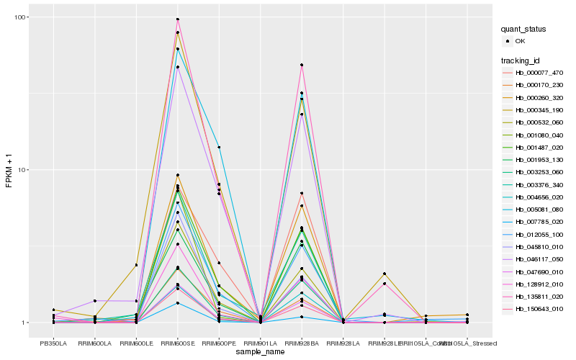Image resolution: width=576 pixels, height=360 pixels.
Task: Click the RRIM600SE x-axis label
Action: click(x=178, y=343)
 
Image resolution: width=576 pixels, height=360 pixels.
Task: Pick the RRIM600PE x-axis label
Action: click(x=219, y=343)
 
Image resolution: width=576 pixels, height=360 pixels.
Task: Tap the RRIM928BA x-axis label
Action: click(x=302, y=343)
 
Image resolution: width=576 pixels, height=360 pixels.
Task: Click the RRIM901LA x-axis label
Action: click(x=261, y=343)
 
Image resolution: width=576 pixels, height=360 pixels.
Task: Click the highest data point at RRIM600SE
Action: click(x=178, y=19)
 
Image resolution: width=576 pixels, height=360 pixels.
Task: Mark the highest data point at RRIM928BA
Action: click(x=302, y=66)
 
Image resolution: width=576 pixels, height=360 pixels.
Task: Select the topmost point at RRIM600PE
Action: click(x=219, y=147)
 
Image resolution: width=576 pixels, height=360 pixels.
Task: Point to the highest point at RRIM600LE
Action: click(x=136, y=265)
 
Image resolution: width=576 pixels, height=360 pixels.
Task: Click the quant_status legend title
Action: click(x=525, y=30)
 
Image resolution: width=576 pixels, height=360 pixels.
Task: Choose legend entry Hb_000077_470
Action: click(x=539, y=73)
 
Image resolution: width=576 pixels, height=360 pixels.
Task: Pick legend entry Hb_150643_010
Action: click(x=539, y=309)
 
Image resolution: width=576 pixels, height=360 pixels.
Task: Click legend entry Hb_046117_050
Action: click(x=539, y=259)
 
